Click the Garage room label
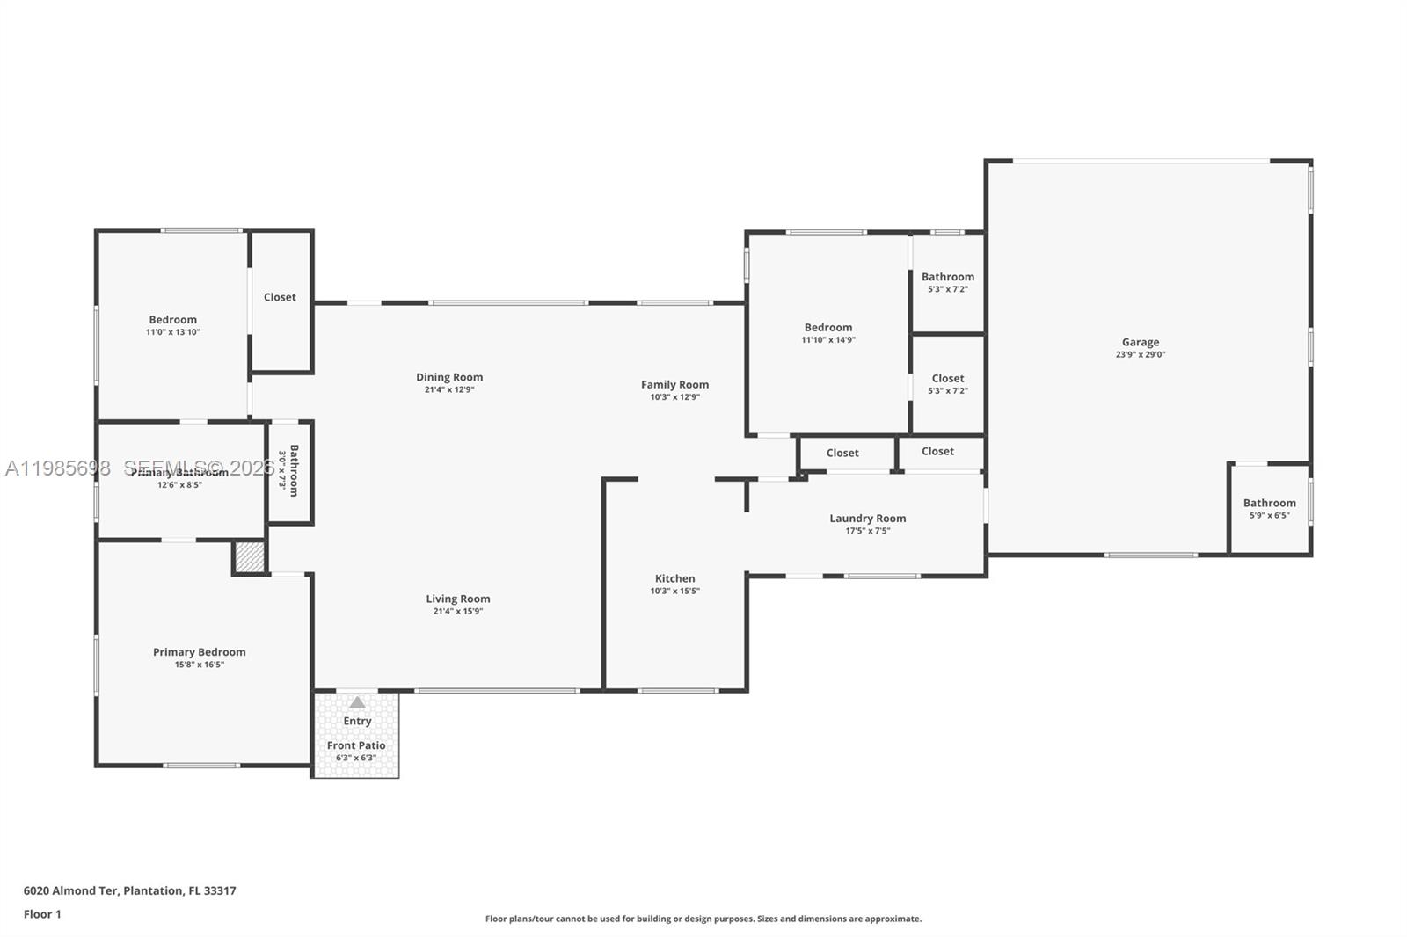pyautogui.click(x=1141, y=342)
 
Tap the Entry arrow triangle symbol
pyautogui.click(x=357, y=702)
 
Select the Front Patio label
pyautogui.click(x=356, y=745)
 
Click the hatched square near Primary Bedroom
pyautogui.click(x=250, y=558)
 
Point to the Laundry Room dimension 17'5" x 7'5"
pyautogui.click(x=868, y=531)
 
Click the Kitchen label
pyautogui.click(x=675, y=578)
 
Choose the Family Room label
pyautogui.click(x=674, y=384)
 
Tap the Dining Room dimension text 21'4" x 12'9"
pyautogui.click(x=449, y=389)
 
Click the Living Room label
pyautogui.click(x=458, y=599)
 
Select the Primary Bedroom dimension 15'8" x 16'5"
pyautogui.click(x=200, y=665)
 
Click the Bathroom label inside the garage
pyautogui.click(x=1269, y=503)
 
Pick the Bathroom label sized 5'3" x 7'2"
pyautogui.click(x=948, y=276)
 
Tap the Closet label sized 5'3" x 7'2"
pyautogui.click(x=948, y=378)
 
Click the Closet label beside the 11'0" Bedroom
pyautogui.click(x=280, y=297)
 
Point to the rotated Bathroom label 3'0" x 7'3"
pyautogui.click(x=294, y=470)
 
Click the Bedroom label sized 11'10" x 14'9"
pyautogui.click(x=827, y=327)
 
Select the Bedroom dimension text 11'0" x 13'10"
pyautogui.click(x=173, y=332)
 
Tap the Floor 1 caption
pyautogui.click(x=42, y=914)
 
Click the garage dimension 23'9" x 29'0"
pyautogui.click(x=1141, y=355)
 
